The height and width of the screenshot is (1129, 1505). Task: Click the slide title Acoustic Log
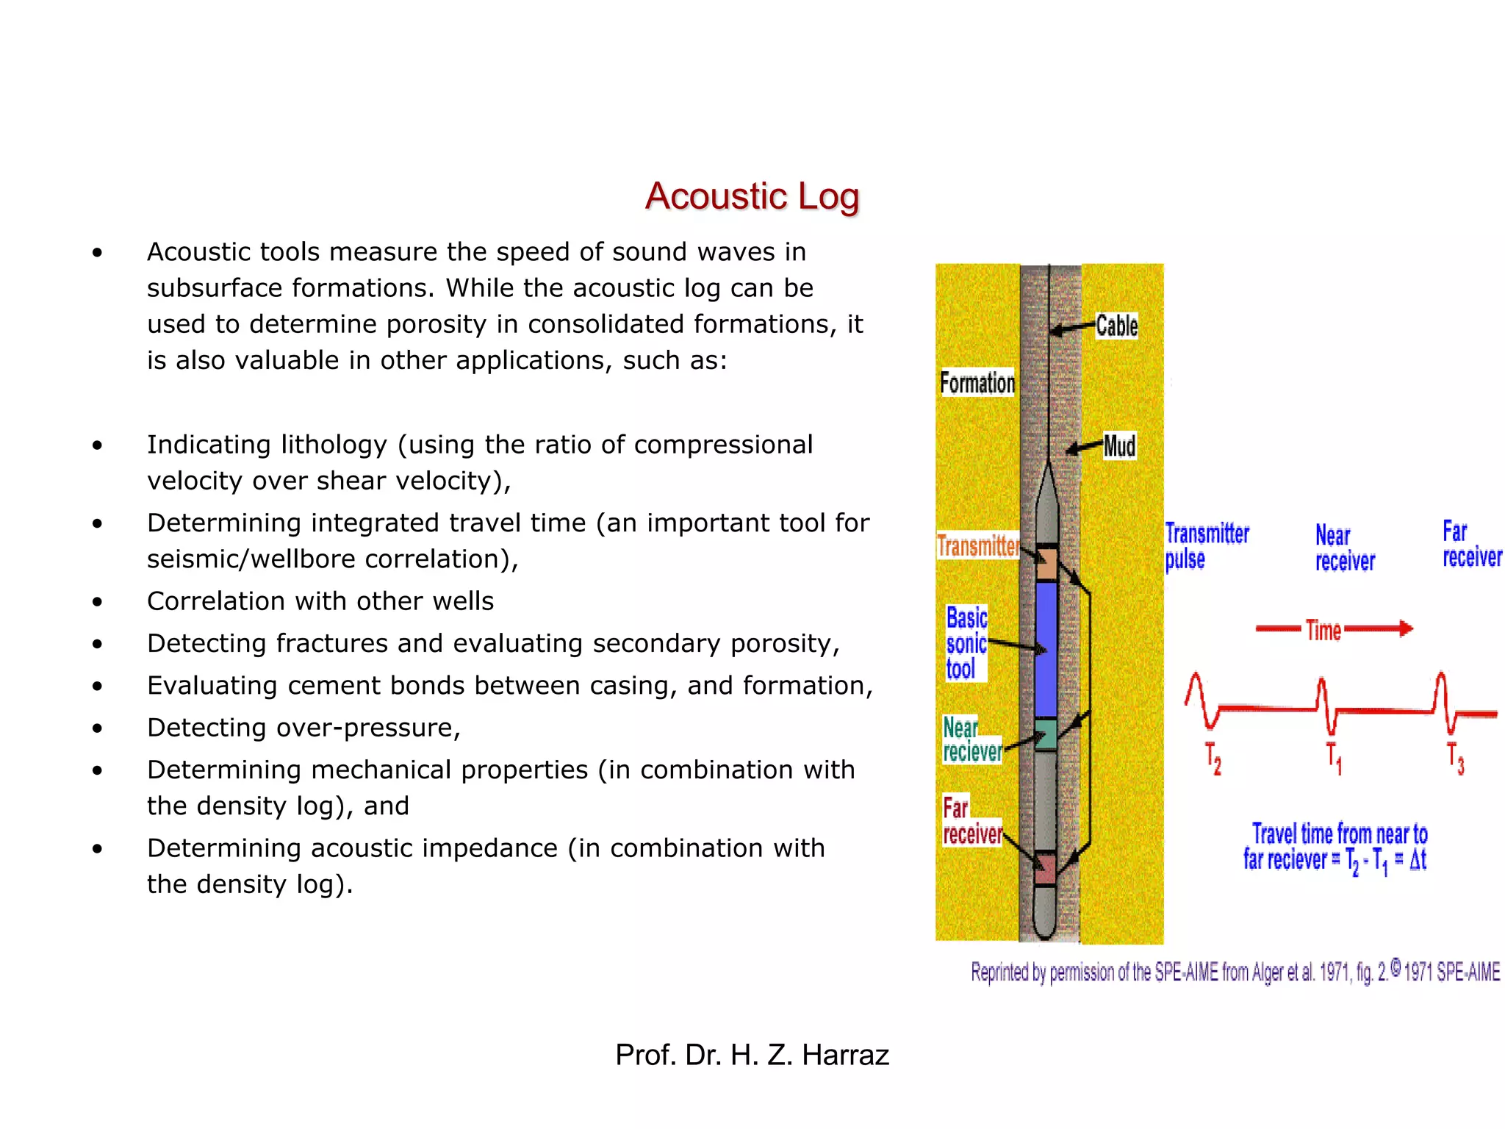(752, 196)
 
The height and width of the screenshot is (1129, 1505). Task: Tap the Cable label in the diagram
(1116, 326)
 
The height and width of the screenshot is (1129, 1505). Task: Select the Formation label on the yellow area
(977, 383)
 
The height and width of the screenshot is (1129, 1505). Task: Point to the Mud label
(1119, 446)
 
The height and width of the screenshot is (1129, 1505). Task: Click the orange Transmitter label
(977, 546)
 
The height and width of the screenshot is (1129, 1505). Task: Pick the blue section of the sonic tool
(1045, 647)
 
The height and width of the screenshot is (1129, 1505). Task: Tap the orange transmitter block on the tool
(1046, 564)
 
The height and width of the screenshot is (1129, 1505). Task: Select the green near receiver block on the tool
(1045, 734)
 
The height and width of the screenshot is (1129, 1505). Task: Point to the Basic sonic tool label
(966, 644)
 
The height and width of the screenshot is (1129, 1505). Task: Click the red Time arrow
(1334, 629)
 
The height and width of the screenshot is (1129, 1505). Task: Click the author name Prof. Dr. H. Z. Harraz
(752, 1055)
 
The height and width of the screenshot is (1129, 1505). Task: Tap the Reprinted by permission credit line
(1235, 972)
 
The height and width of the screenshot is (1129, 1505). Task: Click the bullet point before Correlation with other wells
(97, 602)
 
